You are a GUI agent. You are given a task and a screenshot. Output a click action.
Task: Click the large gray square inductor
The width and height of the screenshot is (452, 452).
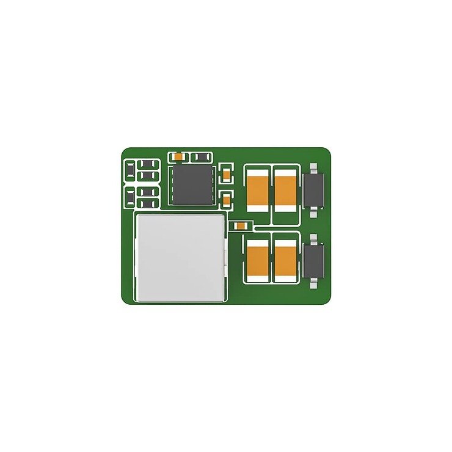[x=180, y=257]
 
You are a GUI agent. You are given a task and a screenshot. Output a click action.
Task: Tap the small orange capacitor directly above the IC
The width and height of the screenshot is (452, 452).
[x=178, y=157]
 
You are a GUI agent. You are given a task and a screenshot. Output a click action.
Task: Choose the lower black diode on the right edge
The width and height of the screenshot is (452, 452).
[x=314, y=259]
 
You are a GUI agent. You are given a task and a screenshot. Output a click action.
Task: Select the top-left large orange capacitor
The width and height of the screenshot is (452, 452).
[x=257, y=189]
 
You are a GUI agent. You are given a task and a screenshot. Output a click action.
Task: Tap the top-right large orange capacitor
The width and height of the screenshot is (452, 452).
[x=285, y=189]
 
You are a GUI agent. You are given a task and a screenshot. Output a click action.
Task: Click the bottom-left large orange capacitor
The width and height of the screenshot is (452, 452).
[x=257, y=260]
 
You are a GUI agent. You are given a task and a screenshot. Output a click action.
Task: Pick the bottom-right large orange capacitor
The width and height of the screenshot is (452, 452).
[x=285, y=260]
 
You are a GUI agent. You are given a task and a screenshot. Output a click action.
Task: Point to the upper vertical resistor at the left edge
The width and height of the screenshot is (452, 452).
[x=130, y=170]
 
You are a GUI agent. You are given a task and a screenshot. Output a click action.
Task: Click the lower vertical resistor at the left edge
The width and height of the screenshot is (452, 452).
[x=130, y=197]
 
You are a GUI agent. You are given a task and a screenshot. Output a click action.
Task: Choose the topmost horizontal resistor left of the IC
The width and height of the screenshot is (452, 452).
[x=148, y=164]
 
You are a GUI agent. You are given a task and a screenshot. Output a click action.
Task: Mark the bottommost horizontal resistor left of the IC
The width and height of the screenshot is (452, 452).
[x=148, y=202]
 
